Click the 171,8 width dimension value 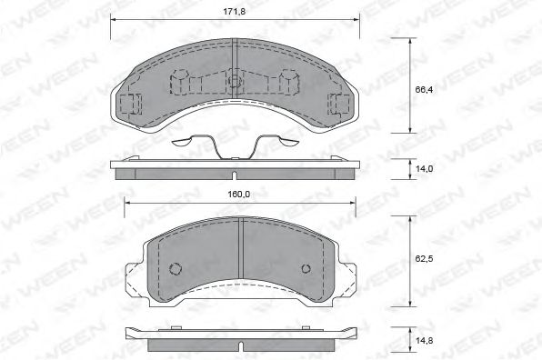tap(235, 11)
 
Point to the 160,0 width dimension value tap(239, 193)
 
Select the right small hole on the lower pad tap(306, 268)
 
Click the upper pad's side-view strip tap(234, 170)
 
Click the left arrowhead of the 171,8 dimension tap(114, 20)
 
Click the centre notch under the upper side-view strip tap(234, 176)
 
